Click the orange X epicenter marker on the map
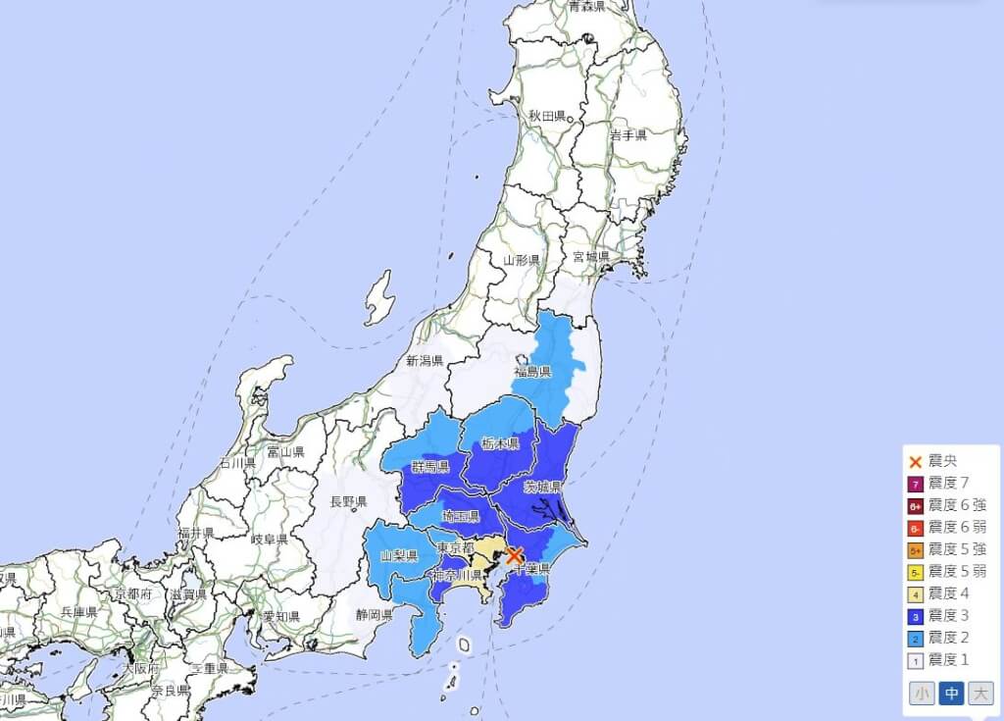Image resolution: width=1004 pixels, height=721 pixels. [x=514, y=555]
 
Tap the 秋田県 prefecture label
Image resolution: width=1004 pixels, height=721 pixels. [x=547, y=116]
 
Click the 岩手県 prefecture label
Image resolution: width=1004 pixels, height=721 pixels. [x=627, y=134]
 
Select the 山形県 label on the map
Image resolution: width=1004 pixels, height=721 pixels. [x=522, y=260]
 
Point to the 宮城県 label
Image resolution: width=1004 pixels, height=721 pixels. [x=591, y=257]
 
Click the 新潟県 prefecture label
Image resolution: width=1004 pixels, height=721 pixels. [x=425, y=361]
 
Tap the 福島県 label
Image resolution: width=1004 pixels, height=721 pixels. [x=533, y=372]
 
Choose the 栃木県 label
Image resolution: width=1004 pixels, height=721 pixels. [x=500, y=443]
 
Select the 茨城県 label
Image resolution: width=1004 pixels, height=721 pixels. [x=542, y=488]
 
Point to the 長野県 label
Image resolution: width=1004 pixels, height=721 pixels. [x=348, y=502]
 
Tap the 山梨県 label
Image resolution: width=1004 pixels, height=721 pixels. [x=399, y=556]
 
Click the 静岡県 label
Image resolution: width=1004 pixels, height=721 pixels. [x=374, y=615]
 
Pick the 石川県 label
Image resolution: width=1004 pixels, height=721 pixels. [x=237, y=462]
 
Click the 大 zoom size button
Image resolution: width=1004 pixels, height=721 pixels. [x=979, y=694]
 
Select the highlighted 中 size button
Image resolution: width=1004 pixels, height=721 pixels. [x=951, y=694]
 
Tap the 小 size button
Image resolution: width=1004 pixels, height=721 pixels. [x=922, y=694]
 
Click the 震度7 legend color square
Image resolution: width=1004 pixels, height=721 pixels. [x=915, y=484]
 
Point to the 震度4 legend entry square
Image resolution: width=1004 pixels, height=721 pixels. [x=915, y=592]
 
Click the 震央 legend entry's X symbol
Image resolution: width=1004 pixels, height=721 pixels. [x=915, y=461]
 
